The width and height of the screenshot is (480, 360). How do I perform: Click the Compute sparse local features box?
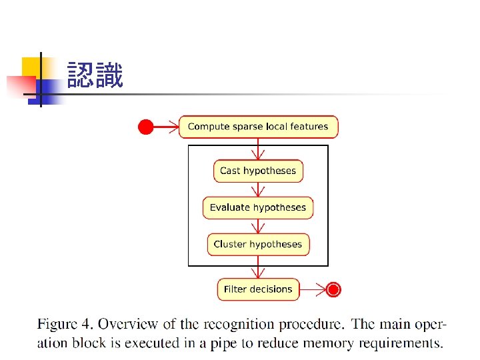258,127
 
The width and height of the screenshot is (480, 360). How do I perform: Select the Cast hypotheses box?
258,171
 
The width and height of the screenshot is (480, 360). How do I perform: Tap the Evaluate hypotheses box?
258,207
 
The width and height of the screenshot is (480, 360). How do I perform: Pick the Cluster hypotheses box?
258,244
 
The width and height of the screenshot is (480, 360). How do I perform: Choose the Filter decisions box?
258,289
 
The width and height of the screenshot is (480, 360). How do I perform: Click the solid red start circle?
145,127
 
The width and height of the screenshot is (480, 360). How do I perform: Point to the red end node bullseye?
334,289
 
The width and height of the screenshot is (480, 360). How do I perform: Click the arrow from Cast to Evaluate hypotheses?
258,189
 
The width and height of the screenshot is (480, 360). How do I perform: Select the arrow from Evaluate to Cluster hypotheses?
258,226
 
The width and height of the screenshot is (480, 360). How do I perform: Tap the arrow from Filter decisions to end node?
313,289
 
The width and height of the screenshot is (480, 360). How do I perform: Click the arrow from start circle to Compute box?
166,127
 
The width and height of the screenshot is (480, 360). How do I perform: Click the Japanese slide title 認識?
95,76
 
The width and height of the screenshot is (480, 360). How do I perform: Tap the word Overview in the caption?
127,325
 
